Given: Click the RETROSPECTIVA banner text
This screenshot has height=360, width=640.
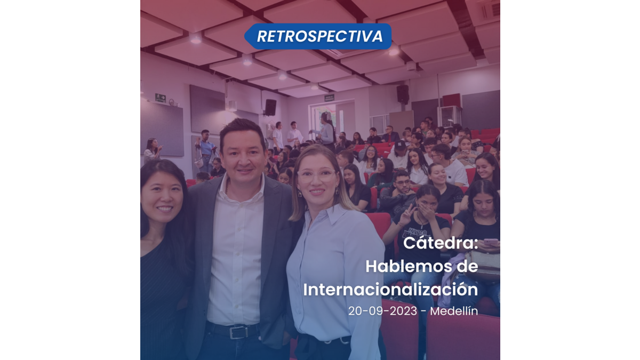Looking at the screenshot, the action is click(319, 36).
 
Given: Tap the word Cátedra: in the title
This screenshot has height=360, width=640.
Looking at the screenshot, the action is click(441, 243).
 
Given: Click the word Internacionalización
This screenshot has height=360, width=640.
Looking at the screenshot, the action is click(390, 290).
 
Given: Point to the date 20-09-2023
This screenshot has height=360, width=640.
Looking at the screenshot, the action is click(382, 311).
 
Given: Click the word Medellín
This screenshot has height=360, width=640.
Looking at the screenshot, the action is click(454, 311).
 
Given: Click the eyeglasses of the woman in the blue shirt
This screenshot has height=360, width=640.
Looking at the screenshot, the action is click(316, 175).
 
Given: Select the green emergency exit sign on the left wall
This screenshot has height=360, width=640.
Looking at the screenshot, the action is click(161, 98).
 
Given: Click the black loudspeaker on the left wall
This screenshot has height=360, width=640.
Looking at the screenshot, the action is click(270, 107).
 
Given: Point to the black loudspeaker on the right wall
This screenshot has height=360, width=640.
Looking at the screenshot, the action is click(403, 94).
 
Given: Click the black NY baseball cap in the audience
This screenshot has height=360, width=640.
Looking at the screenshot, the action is click(401, 145).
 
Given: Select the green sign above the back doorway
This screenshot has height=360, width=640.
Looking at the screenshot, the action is click(329, 98).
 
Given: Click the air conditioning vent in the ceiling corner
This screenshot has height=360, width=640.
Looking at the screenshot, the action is click(490, 10).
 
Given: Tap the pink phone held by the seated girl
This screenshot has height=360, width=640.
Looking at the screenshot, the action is click(491, 242).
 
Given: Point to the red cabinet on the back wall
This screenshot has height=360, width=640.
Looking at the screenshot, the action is click(452, 101).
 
